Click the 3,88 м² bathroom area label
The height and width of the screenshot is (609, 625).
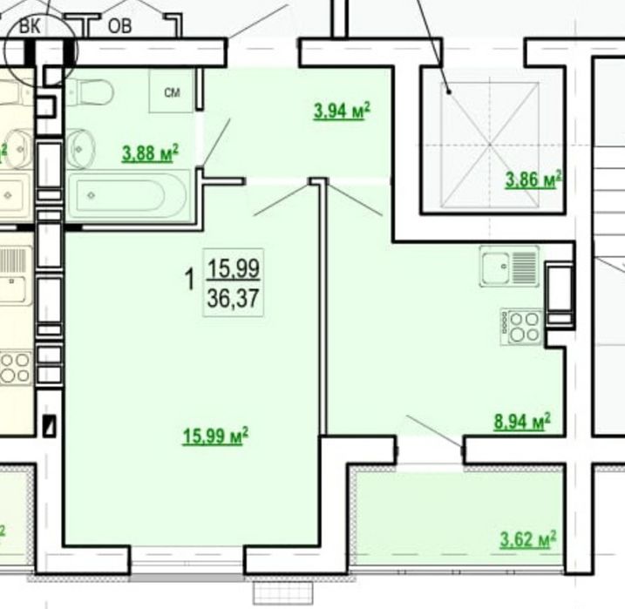(150, 153)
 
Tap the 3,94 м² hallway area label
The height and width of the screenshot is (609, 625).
(342, 111)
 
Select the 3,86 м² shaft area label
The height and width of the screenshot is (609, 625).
(533, 179)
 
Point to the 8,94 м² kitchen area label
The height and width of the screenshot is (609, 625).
(522, 422)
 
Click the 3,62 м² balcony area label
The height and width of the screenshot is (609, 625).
(527, 539)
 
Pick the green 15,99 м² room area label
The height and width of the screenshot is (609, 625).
(215, 436)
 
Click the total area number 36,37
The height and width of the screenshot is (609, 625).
(234, 298)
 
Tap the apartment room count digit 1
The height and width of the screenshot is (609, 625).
(190, 279)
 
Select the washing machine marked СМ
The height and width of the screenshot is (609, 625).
(172, 91)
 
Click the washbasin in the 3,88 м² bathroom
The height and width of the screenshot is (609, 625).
(81, 149)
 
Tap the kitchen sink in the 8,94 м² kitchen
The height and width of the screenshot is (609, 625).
(509, 266)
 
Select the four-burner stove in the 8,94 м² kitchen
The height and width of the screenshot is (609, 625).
(521, 327)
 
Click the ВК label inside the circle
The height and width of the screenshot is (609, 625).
(30, 27)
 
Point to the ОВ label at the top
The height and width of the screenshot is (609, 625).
(119, 26)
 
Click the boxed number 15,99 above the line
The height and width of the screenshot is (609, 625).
(234, 267)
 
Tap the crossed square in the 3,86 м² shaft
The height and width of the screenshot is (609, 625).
(490, 145)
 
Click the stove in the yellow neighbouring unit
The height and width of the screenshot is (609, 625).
(15, 368)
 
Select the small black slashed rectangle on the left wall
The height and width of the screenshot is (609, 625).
(50, 425)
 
